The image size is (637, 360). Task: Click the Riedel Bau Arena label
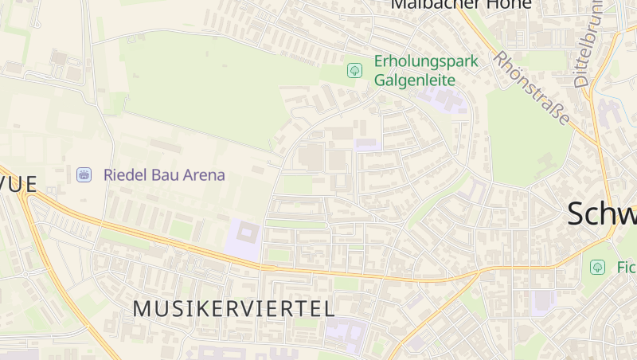[164, 174]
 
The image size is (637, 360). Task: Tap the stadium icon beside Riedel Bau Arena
[84, 174]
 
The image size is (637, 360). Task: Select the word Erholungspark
[426, 62]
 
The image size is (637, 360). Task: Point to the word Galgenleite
[415, 80]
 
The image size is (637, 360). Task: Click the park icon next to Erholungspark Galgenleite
[354, 71]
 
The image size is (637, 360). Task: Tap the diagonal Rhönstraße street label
[531, 88]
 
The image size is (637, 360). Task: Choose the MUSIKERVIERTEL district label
[233, 309]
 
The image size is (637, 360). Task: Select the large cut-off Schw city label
[602, 214]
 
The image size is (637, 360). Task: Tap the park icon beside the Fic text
[596, 268]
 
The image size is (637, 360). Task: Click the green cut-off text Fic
[626, 268]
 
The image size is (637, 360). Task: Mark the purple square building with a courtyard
[245, 237]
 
